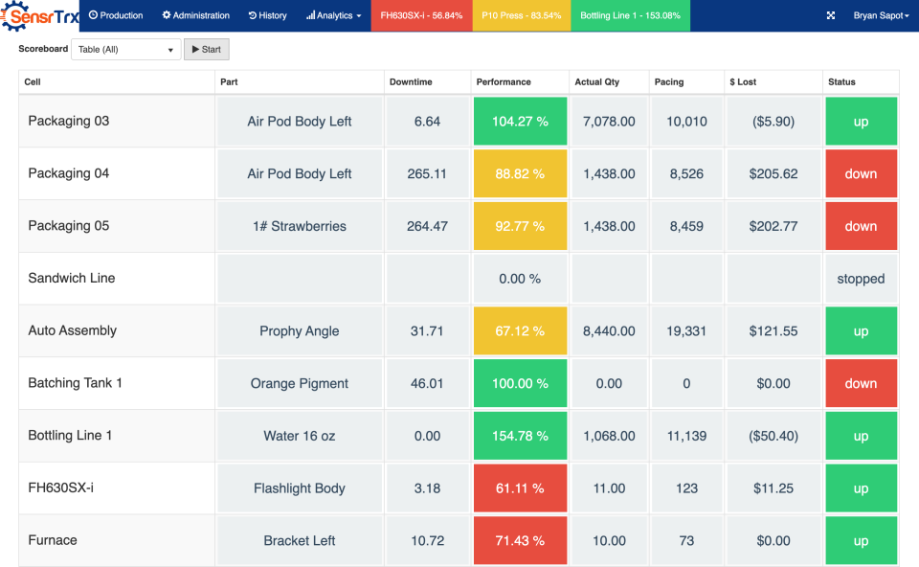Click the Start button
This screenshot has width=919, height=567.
point(206,49)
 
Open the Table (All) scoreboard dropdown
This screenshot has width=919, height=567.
point(125,49)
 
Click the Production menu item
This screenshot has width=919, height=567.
point(116,15)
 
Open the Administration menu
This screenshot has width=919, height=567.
point(196,15)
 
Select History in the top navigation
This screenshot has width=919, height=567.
point(267,15)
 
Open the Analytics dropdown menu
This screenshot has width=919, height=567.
point(333,15)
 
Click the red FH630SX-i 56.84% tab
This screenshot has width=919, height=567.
point(421,15)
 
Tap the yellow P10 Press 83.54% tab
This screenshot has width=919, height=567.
point(521,15)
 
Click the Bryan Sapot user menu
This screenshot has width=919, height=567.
point(881,15)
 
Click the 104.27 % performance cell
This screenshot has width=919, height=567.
point(520,122)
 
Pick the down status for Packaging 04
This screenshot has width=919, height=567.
point(861,173)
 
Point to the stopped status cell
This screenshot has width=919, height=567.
point(861,279)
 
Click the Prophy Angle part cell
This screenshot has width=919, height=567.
point(300,331)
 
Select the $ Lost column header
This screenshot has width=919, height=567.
point(747,82)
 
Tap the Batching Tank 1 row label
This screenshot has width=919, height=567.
point(76,383)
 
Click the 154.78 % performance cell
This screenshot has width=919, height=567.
point(520,436)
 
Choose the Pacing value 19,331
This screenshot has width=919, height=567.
point(686,331)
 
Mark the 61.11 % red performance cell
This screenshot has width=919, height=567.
point(520,488)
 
